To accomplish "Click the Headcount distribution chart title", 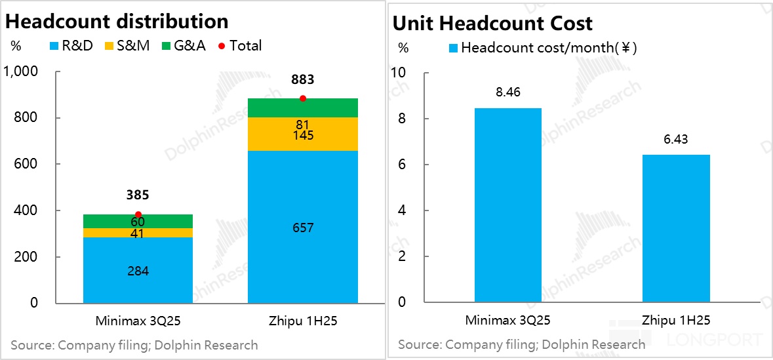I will click(x=117, y=21).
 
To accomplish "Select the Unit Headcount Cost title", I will click(x=492, y=24).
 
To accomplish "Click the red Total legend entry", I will click(x=240, y=46).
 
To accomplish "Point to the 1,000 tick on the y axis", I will click(x=22, y=71).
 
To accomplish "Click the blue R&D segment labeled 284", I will click(x=138, y=270).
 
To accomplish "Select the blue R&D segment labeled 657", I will click(x=302, y=228).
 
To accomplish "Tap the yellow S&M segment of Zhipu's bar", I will click(x=302, y=134).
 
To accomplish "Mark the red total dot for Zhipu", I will click(x=302, y=98).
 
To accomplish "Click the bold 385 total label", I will click(x=138, y=195).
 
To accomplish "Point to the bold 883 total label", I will click(x=302, y=80).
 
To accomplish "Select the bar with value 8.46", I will click(x=507, y=205).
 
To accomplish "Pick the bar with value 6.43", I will click(x=676, y=228).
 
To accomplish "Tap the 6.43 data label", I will click(x=676, y=140).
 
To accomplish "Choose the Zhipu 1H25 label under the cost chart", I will click(x=676, y=321).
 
